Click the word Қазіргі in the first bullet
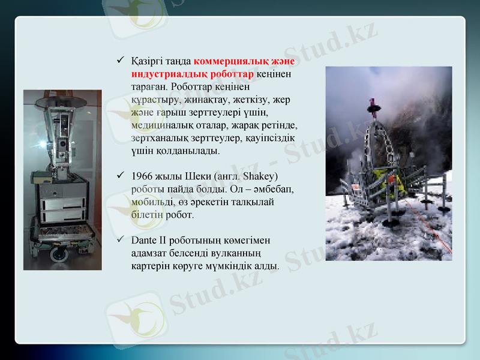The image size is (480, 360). [x=146, y=61]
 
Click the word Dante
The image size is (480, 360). [x=143, y=240]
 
